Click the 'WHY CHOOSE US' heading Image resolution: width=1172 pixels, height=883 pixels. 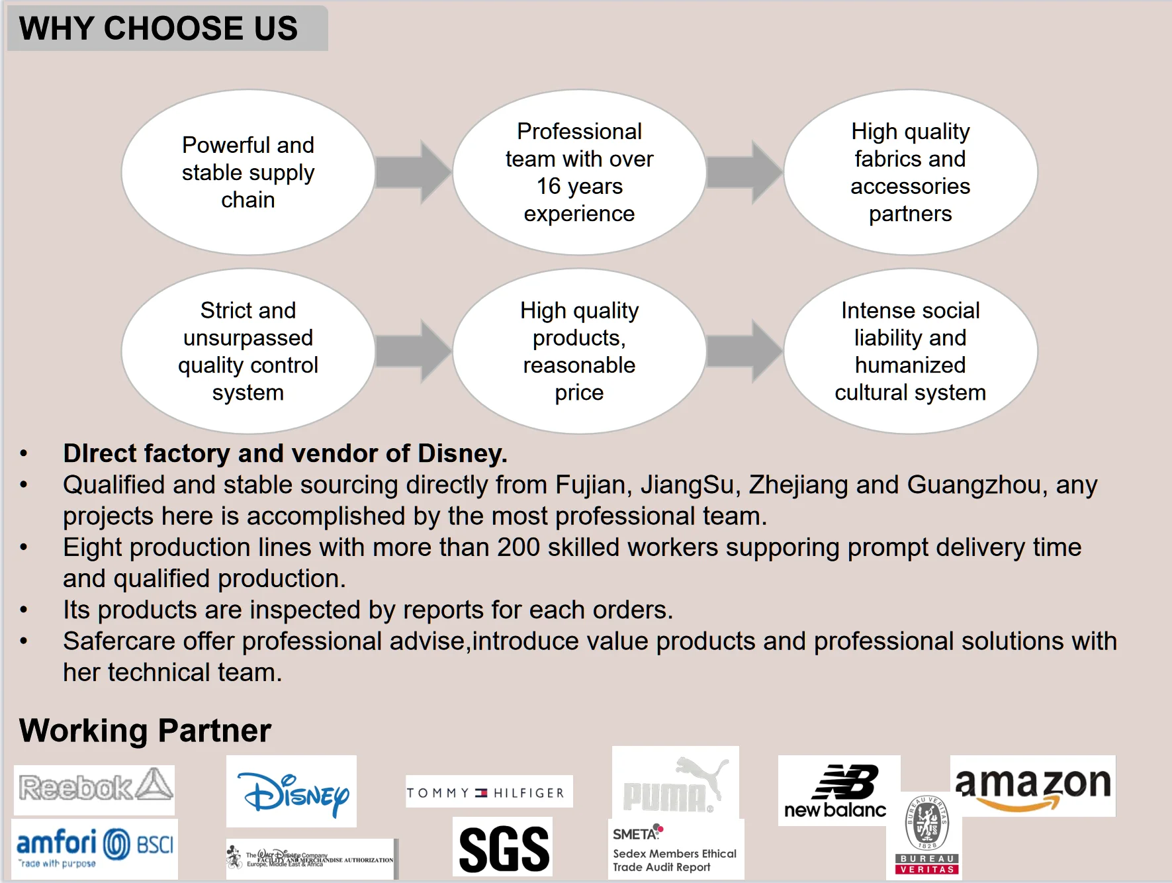pos(159,28)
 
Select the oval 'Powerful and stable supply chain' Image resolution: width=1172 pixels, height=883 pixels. pos(248,172)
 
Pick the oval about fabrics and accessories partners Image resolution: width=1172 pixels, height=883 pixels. pos(910,172)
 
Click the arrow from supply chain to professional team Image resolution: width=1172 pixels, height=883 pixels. pos(414,172)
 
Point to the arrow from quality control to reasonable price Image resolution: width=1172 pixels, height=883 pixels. pos(414,351)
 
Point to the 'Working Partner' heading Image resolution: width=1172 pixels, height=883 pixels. pos(145,731)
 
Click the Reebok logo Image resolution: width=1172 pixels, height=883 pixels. pos(95,788)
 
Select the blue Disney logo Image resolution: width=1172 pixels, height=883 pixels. pos(292,791)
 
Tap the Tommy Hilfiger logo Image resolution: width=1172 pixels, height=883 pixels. pos(488,792)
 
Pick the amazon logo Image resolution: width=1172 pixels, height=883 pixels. pos(1032,786)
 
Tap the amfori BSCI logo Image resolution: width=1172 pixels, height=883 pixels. pos(95,848)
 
